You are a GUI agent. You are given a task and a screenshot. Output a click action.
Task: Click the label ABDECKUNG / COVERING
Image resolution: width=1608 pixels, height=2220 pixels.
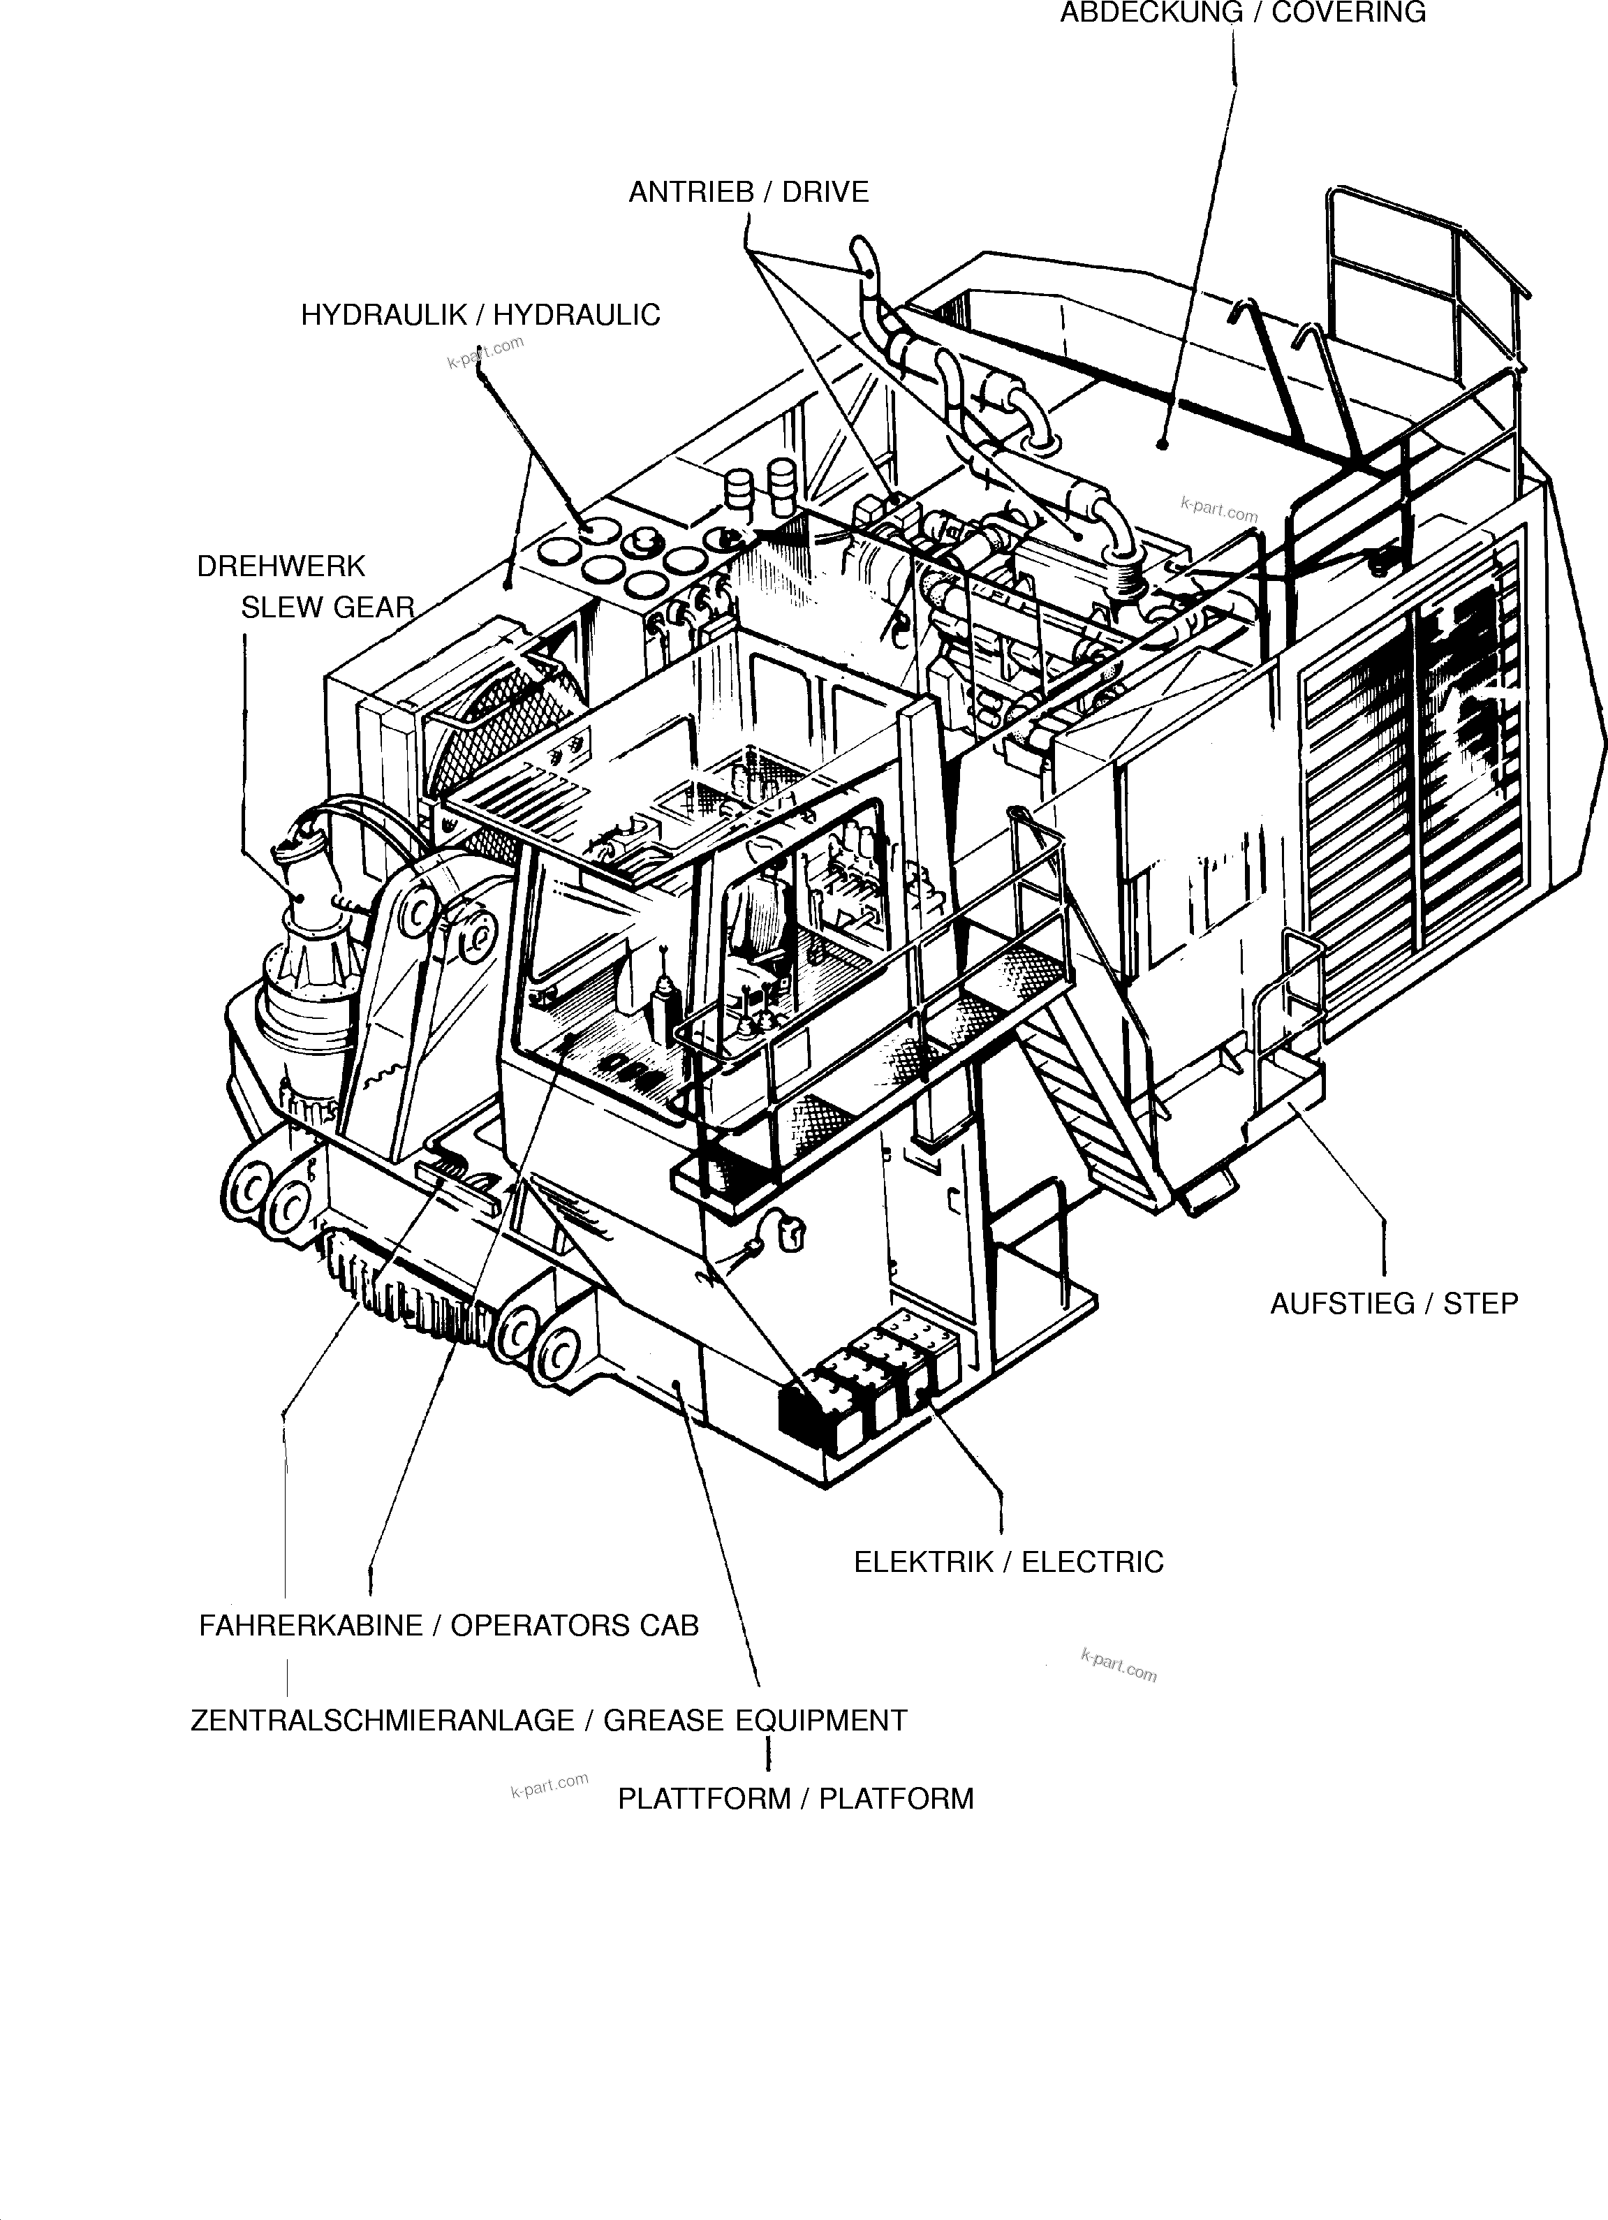click(x=1242, y=13)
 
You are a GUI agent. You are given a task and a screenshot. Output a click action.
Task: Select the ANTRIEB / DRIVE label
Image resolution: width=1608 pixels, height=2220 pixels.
click(x=748, y=192)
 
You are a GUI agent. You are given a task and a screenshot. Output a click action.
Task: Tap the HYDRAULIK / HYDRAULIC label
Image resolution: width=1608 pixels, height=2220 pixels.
click(x=480, y=315)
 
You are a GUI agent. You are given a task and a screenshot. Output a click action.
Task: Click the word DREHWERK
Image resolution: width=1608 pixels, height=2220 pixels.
click(x=281, y=567)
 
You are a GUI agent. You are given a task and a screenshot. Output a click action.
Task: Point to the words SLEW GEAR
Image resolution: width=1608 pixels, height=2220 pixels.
click(x=328, y=608)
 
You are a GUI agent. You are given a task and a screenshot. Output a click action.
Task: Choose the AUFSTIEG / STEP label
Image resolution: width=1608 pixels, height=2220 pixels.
click(x=1393, y=1304)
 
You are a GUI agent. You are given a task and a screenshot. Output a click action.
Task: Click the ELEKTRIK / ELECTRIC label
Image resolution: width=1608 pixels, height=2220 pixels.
click(x=1008, y=1561)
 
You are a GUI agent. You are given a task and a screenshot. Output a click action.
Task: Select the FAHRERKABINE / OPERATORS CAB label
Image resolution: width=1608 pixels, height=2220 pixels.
click(x=448, y=1626)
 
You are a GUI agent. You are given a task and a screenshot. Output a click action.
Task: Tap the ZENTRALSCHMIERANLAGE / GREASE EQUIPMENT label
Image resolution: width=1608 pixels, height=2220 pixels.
click(x=548, y=1720)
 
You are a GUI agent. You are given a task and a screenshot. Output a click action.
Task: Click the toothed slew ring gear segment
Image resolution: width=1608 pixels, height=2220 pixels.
click(x=411, y=1282)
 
